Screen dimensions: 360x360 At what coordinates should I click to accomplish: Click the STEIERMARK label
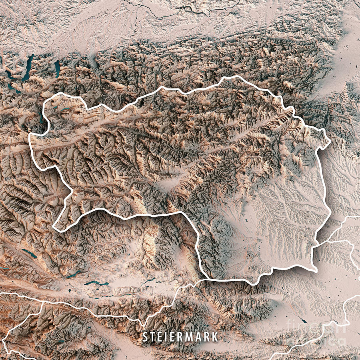coord(181,337)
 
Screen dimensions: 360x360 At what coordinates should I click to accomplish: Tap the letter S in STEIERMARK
coord(145,337)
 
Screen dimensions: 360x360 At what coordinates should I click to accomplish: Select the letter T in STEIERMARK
coord(152,337)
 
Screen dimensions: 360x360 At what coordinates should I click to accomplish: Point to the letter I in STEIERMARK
coord(166,337)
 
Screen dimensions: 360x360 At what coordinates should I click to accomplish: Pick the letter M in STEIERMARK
coord(191,337)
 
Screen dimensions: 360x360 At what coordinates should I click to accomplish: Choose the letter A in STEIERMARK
coord(201,337)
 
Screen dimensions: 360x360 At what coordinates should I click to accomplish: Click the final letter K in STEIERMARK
coord(215,337)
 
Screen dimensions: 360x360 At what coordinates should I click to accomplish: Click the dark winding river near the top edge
coord(168,16)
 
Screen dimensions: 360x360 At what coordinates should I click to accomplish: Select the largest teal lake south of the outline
coord(96,283)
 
